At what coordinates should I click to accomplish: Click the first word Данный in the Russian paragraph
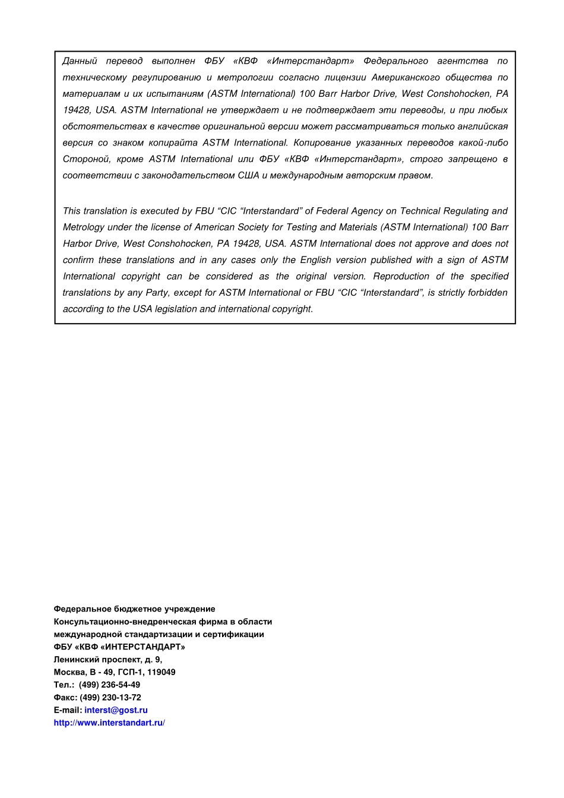pos(80,61)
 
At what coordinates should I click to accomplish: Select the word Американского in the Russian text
pos(405,78)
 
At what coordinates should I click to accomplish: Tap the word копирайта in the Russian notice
pos(173,143)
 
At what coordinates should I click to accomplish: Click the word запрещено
pos(473,159)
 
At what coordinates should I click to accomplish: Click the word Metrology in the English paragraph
pos(83,227)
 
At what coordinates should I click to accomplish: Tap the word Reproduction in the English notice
pos(401,277)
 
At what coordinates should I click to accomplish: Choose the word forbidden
pos(487,293)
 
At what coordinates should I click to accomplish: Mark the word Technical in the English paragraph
pos(424,211)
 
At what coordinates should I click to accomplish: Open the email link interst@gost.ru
pos(116,710)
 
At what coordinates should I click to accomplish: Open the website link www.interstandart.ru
pos(109,723)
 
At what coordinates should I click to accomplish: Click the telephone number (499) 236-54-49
pos(109,685)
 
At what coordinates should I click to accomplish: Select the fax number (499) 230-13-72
pos(110,698)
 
